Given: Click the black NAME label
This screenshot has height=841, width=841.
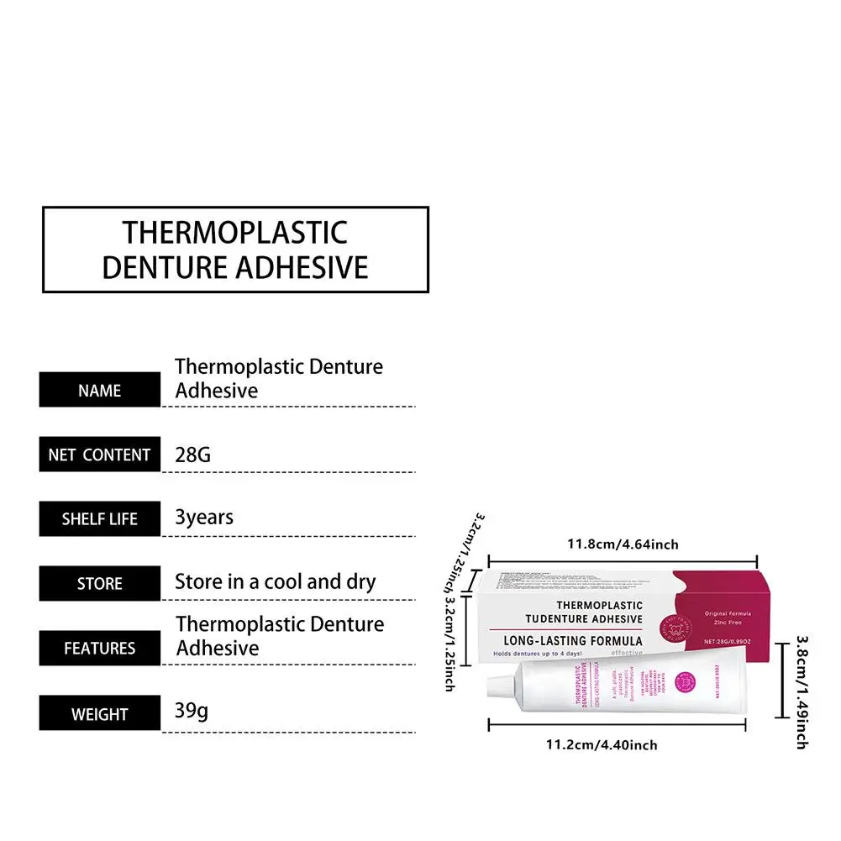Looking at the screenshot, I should point(99,391).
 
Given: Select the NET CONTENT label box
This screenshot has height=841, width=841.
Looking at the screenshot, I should point(99,455).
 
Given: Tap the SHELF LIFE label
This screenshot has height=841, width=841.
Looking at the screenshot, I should point(99,519).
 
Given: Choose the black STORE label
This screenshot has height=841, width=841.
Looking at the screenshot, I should point(99,584).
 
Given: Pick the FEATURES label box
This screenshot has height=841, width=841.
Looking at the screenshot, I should point(99,649).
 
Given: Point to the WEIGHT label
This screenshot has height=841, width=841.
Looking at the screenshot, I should point(99,715).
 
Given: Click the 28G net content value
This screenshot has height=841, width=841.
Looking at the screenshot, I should point(192,455).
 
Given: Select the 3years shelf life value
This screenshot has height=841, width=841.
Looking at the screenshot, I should point(204,518).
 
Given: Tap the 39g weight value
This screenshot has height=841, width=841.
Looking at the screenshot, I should point(192,712).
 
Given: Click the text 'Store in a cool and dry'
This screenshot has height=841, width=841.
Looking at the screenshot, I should point(275,581).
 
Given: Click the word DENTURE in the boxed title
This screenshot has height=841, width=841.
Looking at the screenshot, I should point(164,266).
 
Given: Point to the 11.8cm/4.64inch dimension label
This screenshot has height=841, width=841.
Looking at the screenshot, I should point(623,544).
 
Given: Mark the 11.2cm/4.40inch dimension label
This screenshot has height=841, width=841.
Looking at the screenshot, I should point(602,744).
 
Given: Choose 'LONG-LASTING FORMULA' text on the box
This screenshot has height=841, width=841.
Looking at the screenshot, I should point(572,641).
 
